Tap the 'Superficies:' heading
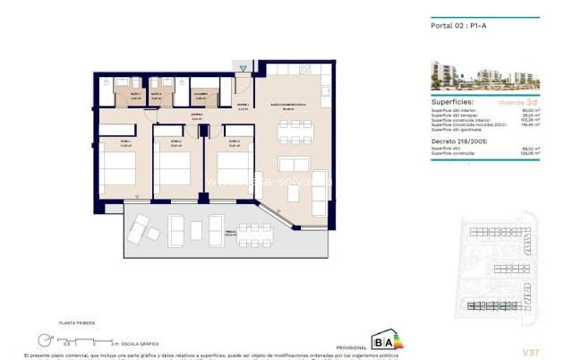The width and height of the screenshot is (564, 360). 452,102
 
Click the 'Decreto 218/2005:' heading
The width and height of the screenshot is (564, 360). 458,141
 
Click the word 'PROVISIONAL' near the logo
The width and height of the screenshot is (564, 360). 350,347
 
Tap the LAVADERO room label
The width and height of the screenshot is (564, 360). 201,93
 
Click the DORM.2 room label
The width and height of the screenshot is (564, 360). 175,141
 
